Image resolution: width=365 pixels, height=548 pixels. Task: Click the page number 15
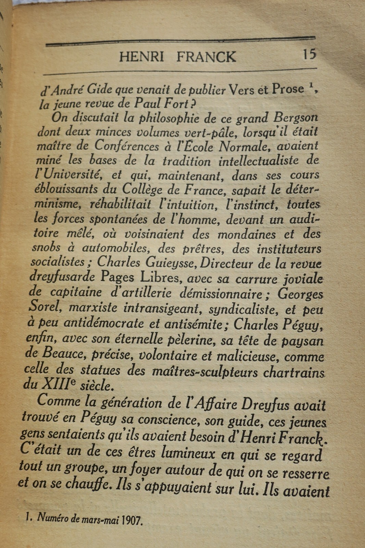309,54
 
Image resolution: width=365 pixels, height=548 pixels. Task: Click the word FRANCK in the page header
206,57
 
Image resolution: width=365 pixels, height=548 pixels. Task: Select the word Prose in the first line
288,89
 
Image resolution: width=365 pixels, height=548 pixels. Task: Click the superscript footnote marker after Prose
311,87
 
